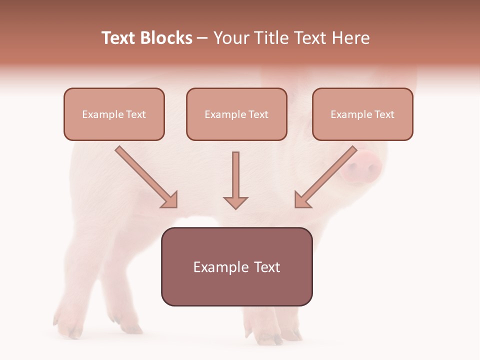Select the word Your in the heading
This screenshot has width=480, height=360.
[x=230, y=38]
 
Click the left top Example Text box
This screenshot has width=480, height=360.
[x=114, y=114]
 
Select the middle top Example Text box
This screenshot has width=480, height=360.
[x=236, y=114]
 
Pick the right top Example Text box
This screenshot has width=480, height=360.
[x=362, y=114]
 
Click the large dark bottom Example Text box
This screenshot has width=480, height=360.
[x=236, y=266]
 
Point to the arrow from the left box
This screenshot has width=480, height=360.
[x=145, y=176]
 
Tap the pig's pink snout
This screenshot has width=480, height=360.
[x=363, y=166]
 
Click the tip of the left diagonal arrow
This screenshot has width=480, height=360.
[x=175, y=205]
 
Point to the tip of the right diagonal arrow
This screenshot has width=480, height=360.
[x=297, y=205]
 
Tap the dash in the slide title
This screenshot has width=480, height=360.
[x=202, y=38]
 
